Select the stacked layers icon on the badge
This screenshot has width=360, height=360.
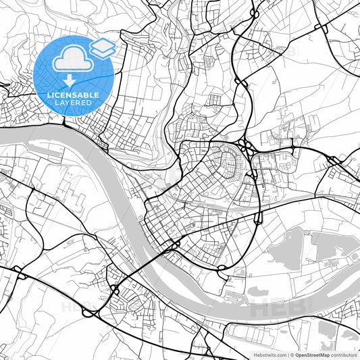point(102,47)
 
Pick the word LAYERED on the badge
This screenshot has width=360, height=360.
point(74,103)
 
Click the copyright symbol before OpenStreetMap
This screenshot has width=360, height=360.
point(292,354)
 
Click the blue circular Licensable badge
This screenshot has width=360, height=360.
point(74,75)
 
